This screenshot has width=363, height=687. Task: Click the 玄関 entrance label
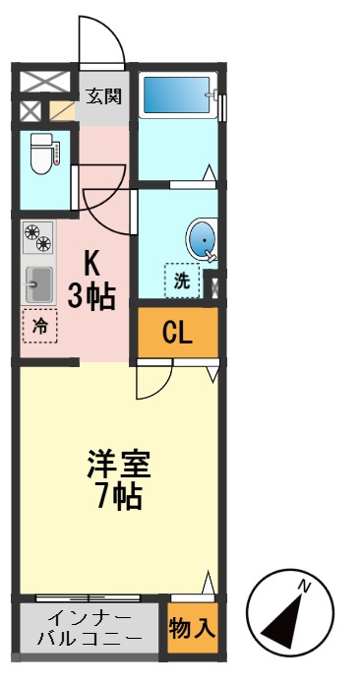pyautogui.click(x=103, y=96)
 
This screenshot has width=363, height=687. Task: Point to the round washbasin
pyautogui.click(x=200, y=239)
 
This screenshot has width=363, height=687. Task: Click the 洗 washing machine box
pyautogui.click(x=182, y=280)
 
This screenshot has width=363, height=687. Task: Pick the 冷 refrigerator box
pyautogui.click(x=40, y=326)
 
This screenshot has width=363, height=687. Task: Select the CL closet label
pyautogui.click(x=177, y=334)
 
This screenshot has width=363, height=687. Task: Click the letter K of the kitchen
pyautogui.click(x=91, y=264)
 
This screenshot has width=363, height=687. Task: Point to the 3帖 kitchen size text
pyautogui.click(x=91, y=296)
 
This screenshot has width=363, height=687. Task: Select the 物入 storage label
pyautogui.click(x=192, y=627)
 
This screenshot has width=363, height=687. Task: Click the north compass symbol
pyautogui.click(x=288, y=615)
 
